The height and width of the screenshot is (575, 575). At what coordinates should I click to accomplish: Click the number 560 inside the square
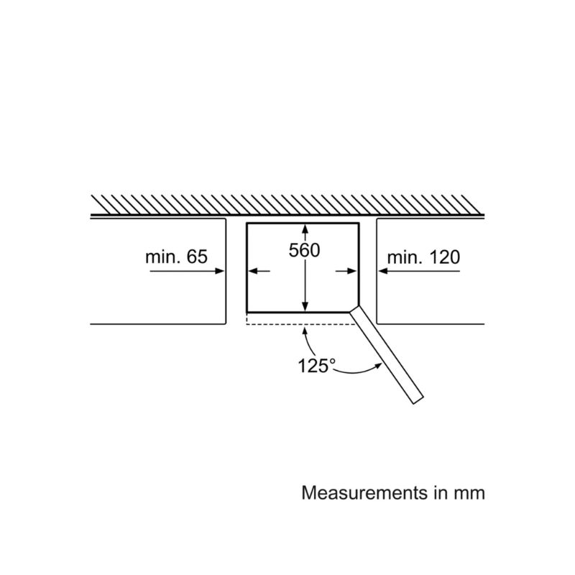pyautogui.click(x=304, y=250)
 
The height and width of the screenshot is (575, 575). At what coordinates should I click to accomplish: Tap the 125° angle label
pyautogui.click(x=316, y=366)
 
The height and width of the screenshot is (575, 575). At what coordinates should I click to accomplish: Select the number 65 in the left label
pyautogui.click(x=197, y=257)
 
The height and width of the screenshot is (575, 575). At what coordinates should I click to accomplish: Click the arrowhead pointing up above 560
pyautogui.click(x=305, y=229)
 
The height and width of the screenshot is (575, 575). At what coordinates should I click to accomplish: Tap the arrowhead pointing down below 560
pyautogui.click(x=305, y=306)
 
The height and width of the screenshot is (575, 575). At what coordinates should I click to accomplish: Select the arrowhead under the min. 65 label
pyautogui.click(x=219, y=271)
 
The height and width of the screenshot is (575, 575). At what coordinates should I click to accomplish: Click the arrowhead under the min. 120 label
pyautogui.click(x=383, y=271)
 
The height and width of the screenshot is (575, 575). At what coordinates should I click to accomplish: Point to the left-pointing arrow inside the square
pyautogui.click(x=259, y=271)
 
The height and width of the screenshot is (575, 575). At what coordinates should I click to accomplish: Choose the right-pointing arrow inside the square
pyautogui.click(x=346, y=271)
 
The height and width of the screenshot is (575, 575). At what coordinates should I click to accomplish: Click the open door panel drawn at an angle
pyautogui.click(x=387, y=354)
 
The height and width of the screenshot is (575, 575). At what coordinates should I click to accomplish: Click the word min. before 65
pyautogui.click(x=162, y=257)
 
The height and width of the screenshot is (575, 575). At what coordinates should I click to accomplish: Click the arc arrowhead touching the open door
pyautogui.click(x=379, y=366)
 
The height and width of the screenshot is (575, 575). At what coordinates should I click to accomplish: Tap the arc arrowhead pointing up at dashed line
pyautogui.click(x=305, y=332)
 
